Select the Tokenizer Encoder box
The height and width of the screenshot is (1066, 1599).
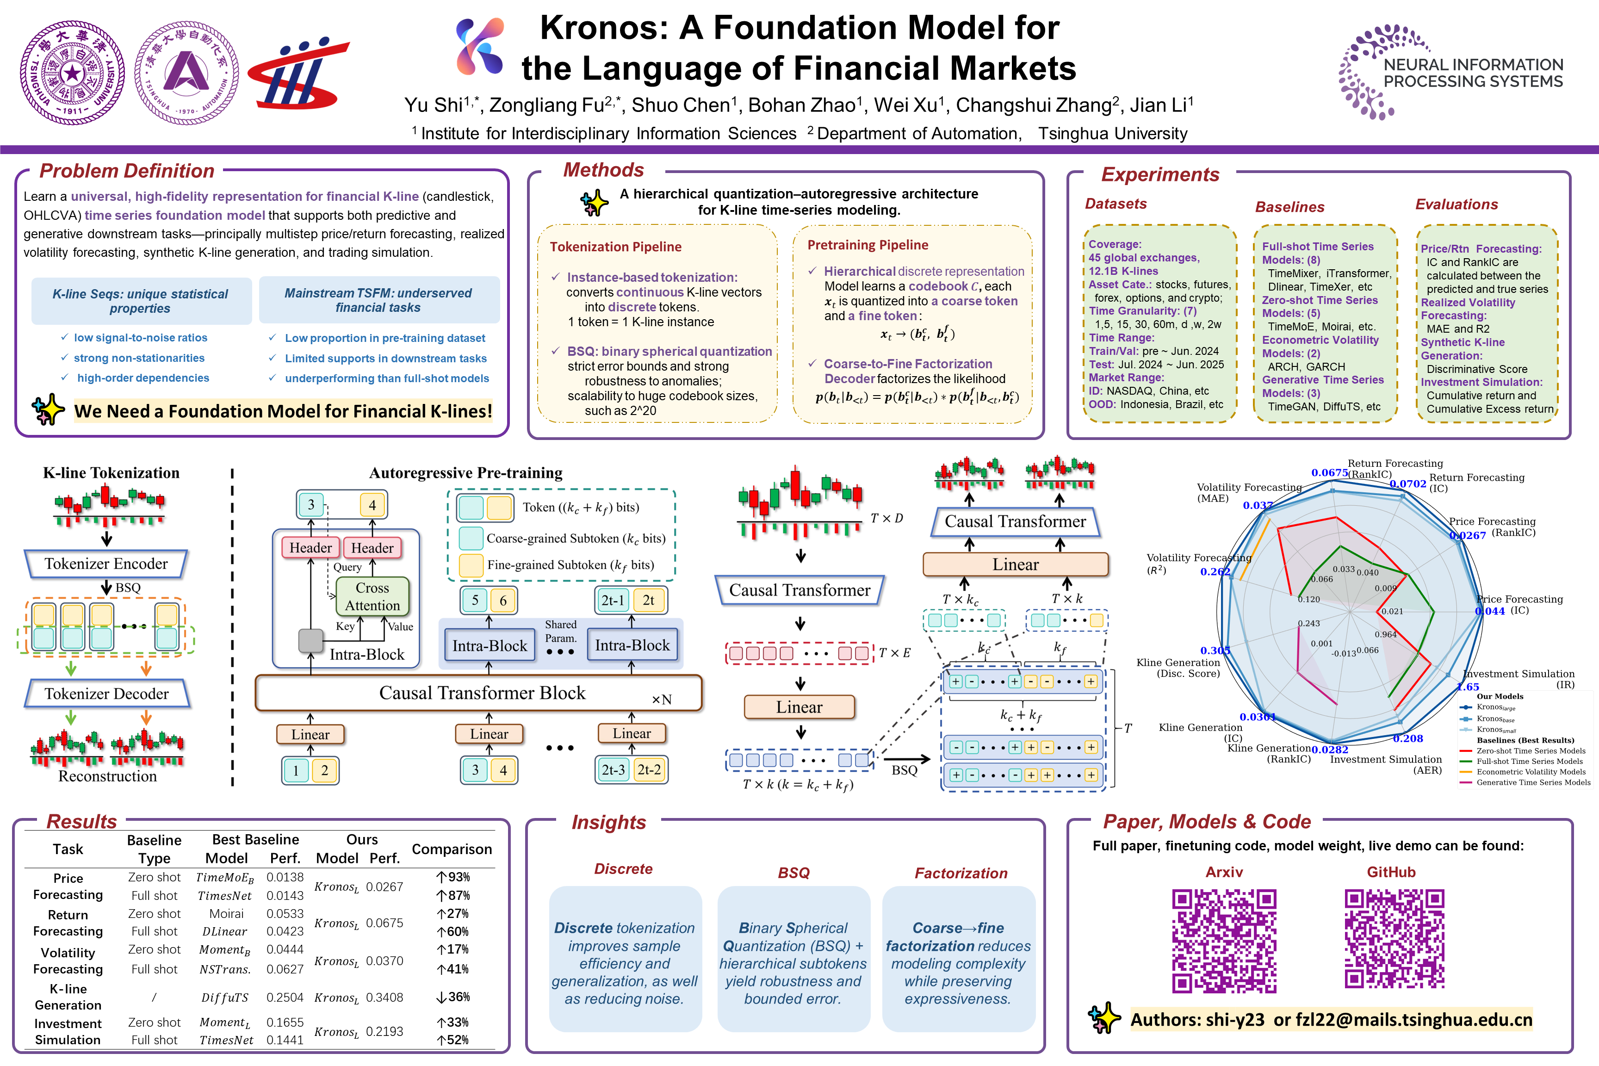coord(106,564)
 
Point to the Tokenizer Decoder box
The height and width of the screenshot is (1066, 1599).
coord(107,694)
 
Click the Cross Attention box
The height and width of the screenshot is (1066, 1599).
coord(372,597)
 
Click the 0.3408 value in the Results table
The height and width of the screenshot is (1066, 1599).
coord(384,998)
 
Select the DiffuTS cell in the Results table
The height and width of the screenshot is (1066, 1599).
coord(225,998)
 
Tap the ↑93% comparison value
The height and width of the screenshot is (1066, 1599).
coord(453,877)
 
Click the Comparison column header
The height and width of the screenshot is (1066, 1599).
coord(452,849)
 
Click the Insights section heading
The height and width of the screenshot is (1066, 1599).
coord(608,823)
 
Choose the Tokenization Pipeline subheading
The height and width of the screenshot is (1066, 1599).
coord(615,247)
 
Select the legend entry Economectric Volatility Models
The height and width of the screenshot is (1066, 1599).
coord(1530,772)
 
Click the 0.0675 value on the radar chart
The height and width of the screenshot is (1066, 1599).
coord(1329,472)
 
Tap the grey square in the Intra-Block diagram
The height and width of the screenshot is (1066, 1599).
coord(311,640)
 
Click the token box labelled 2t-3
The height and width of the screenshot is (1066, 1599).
coord(613,770)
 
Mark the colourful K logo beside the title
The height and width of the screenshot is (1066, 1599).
coord(480,45)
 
